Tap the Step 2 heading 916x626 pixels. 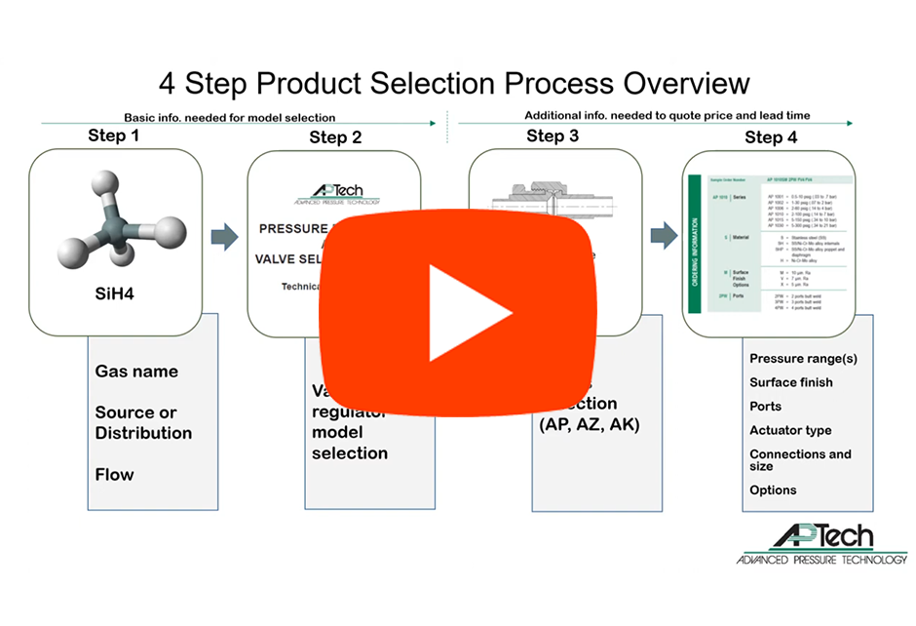335,137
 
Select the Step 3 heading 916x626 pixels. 553,136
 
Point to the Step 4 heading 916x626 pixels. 771,137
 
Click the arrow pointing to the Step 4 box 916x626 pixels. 665,234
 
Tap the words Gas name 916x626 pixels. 136,372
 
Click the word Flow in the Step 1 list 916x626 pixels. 115,475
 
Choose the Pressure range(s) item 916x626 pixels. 803,358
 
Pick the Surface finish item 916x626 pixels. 791,382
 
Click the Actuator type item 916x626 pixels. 790,430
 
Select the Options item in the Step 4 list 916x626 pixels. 773,489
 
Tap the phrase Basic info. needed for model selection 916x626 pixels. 229,117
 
